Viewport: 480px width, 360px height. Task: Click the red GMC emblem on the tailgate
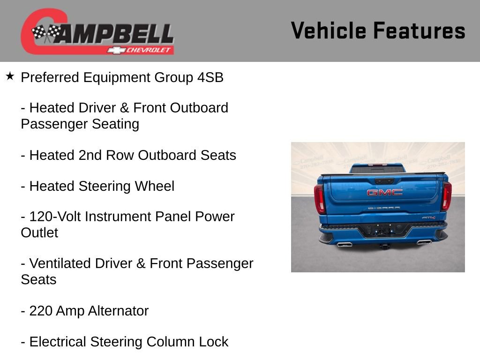point(384,192)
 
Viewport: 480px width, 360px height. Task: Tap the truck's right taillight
point(447,196)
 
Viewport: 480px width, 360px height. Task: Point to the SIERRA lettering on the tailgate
point(384,208)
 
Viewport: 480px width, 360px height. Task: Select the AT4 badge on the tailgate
point(428,217)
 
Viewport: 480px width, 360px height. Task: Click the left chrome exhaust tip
point(345,244)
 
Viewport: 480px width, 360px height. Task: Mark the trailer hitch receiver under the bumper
point(385,245)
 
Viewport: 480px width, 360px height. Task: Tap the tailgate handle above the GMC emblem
point(384,180)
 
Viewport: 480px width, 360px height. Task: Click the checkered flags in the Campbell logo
point(46,33)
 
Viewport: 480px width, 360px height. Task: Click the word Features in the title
point(419,31)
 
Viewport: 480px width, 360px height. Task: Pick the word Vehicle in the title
point(328,31)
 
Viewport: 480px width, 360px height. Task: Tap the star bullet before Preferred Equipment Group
point(10,76)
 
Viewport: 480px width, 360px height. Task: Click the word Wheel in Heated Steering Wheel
point(154,186)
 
